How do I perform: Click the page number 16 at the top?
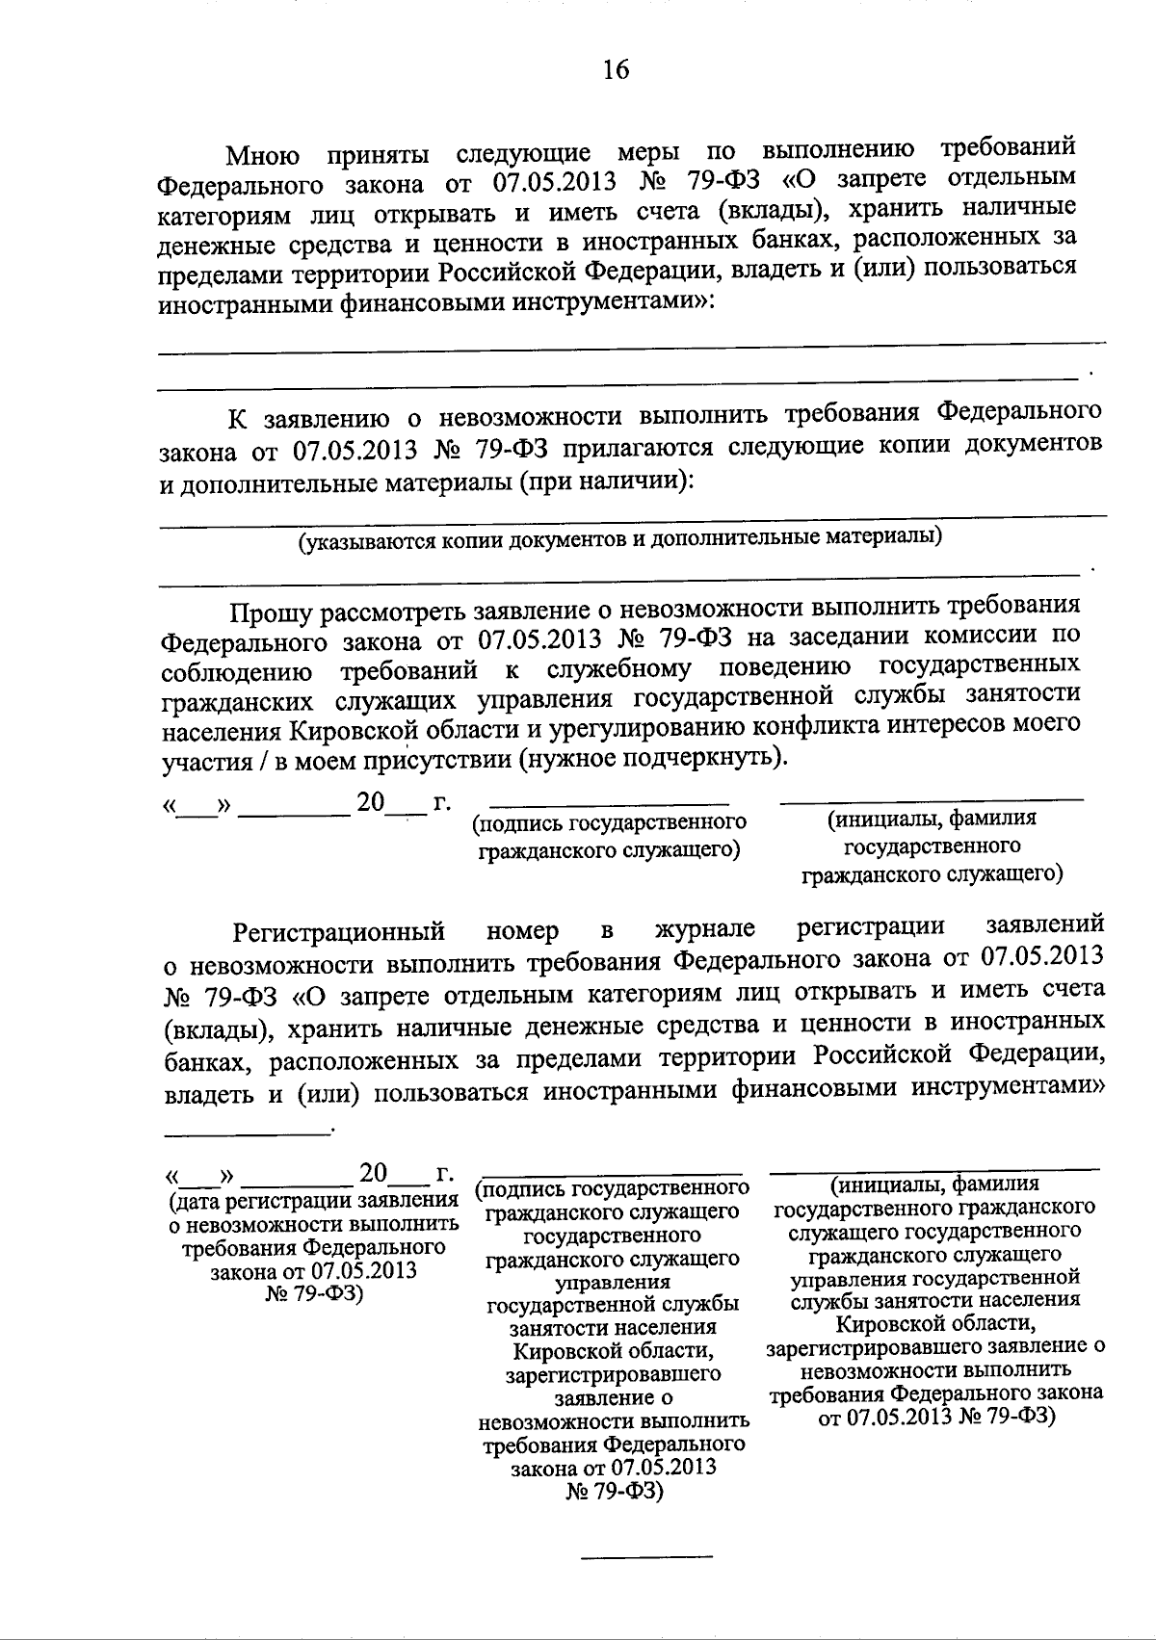(616, 69)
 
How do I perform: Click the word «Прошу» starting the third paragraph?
(269, 611)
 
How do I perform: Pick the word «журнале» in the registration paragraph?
(704, 929)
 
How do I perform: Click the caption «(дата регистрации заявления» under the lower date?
(312, 1203)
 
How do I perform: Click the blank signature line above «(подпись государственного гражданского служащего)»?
(609, 802)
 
